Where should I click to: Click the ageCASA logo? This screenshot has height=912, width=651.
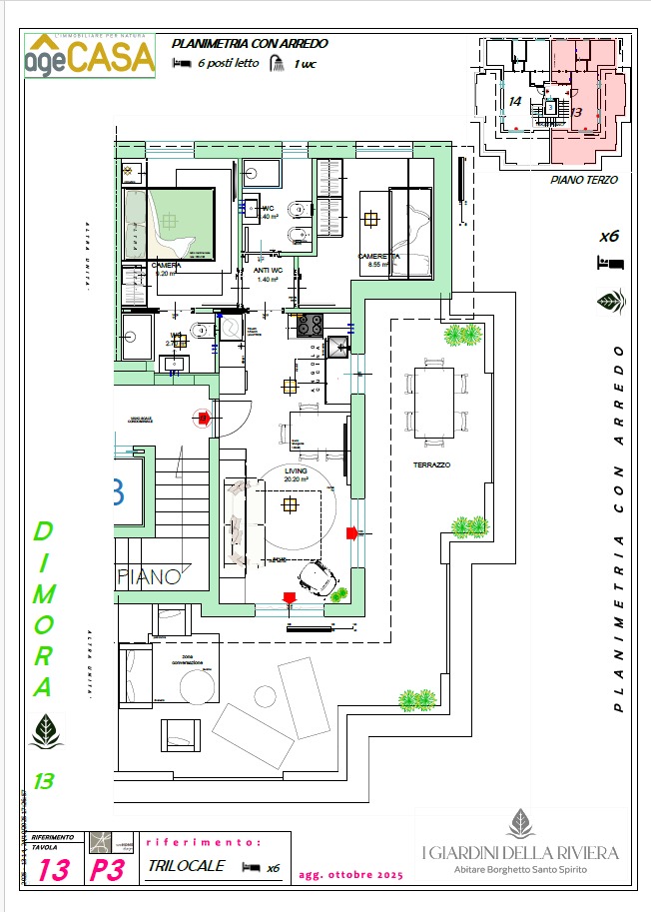tap(90, 55)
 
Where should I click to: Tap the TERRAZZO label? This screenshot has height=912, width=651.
tap(432, 465)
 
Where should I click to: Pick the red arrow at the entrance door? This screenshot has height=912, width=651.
tap(204, 417)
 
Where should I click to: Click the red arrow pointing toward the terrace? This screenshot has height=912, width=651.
tap(351, 532)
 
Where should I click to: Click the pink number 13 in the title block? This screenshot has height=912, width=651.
tap(54, 870)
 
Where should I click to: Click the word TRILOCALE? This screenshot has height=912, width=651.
tap(186, 866)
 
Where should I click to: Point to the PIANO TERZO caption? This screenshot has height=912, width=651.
tap(584, 181)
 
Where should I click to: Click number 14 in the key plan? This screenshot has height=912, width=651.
tap(515, 102)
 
